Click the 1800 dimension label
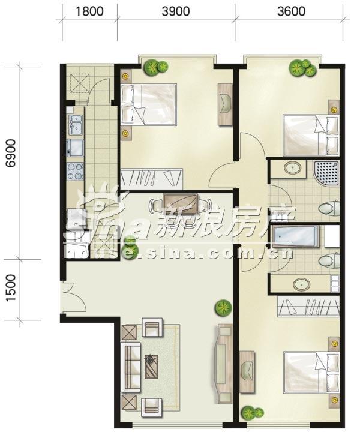pyautogui.click(x=90, y=11)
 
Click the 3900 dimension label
pyautogui.click(x=176, y=11)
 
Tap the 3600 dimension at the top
pyautogui.click(x=292, y=11)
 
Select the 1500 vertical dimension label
pyautogui.click(x=11, y=288)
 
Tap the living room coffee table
pyautogui.click(x=152, y=367)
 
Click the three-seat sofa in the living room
pyautogui.click(x=131, y=367)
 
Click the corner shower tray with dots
pyautogui.click(x=327, y=173)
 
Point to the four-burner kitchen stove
pyautogui.click(x=75, y=172)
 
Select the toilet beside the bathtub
pyautogui.click(x=329, y=260)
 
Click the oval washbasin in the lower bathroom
pyautogui.click(x=302, y=284)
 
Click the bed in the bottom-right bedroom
pyautogui.click(x=311, y=371)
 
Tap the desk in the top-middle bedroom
pyautogui.click(x=226, y=104)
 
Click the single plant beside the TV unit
pyautogui.click(x=223, y=308)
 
